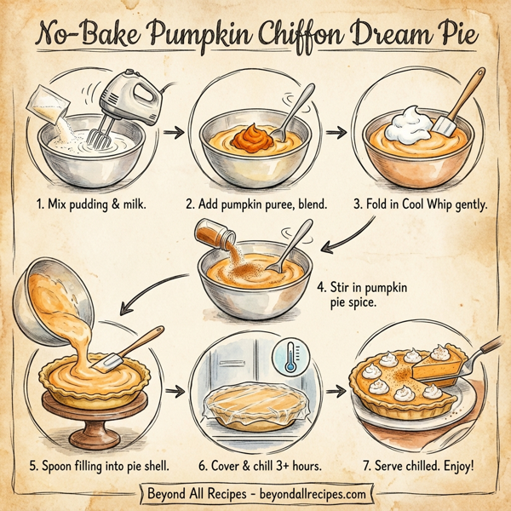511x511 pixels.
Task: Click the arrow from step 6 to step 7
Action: (x=337, y=393)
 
